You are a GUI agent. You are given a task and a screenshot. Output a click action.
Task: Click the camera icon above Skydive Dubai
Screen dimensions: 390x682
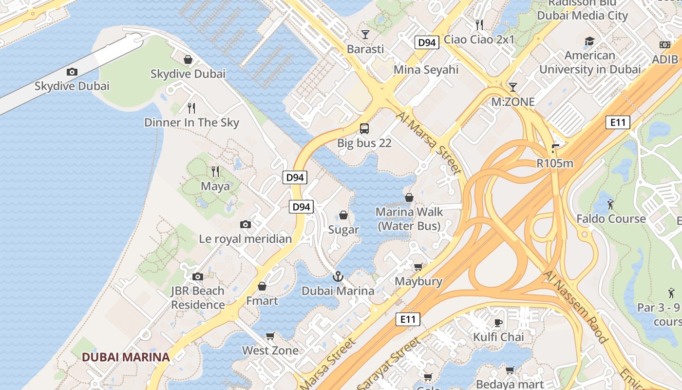pos(72,72)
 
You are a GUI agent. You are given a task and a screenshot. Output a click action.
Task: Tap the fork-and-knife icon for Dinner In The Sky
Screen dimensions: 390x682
pos(191,108)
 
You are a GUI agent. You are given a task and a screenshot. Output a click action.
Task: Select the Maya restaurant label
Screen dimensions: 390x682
pos(215,186)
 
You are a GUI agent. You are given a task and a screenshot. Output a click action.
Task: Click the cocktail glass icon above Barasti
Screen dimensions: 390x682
pos(365,34)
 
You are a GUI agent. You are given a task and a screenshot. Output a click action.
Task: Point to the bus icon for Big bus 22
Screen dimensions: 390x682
pos(364,129)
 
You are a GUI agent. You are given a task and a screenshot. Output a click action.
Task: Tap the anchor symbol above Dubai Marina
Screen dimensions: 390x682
pos(338,277)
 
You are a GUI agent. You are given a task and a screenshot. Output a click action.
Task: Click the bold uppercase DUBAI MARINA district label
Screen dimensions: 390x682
pos(126,357)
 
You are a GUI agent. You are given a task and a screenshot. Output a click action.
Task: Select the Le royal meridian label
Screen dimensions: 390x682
pos(246,239)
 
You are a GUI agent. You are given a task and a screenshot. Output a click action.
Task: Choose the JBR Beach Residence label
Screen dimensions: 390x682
pos(197,298)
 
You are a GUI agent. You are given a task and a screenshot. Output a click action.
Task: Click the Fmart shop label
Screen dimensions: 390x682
pos(262,301)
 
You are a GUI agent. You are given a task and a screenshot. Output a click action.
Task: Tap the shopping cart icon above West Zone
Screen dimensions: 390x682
pos(270,336)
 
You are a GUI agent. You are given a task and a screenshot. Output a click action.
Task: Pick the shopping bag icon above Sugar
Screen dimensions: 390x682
pos(343,215)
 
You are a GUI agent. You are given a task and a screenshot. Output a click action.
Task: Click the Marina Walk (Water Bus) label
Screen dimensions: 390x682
pos(409,219)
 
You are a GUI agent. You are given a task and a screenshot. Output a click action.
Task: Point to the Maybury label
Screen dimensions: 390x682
pos(418,281)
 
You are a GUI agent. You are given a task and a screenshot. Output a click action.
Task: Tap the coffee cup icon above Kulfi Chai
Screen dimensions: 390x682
pos(498,322)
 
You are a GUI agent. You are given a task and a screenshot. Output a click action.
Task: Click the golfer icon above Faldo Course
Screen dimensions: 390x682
pos(611,204)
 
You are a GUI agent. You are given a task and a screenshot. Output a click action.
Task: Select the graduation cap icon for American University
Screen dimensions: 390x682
pos(589,41)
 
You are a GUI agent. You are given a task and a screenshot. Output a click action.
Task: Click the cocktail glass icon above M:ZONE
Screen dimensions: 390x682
pos(512,87)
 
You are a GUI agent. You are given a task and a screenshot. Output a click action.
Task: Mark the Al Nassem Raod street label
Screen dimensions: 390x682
pos(575,308)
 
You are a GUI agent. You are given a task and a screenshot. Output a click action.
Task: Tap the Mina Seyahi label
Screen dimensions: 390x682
pos(426,70)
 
